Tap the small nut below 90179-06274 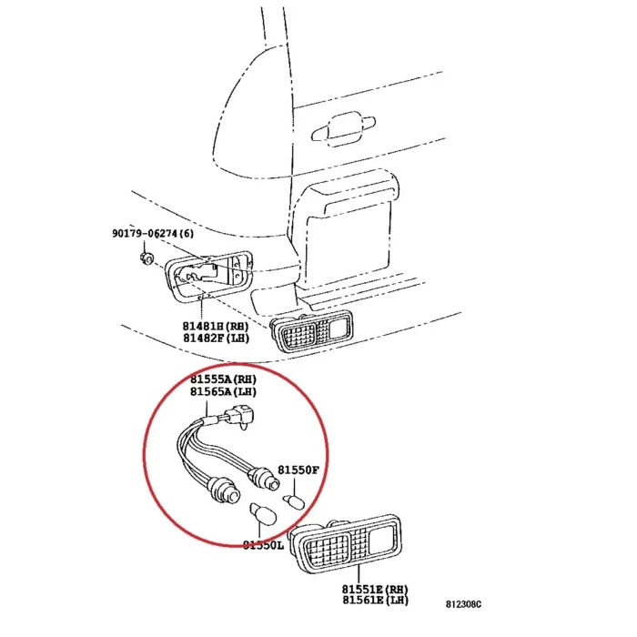(147, 258)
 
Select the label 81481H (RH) (216, 326)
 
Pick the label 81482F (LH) (216, 338)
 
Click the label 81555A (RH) (224, 379)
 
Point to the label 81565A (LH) (224, 391)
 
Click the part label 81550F (298, 470)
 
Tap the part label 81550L (263, 545)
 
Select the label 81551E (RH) (375, 589)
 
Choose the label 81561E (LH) (375, 600)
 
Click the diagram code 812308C (463, 604)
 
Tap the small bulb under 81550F (293, 501)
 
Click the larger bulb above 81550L (263, 514)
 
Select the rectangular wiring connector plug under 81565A (240, 416)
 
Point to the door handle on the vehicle (343, 128)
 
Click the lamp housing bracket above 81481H (208, 276)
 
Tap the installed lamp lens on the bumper (311, 329)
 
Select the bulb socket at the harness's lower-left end (224, 490)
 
